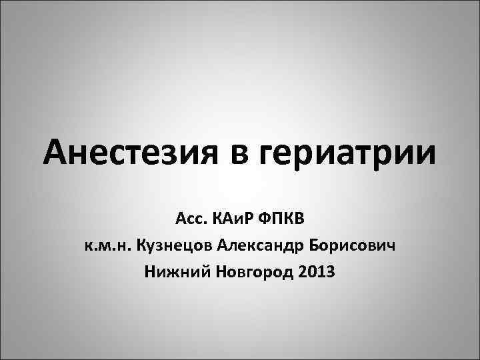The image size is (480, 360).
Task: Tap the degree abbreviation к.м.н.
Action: (x=107, y=247)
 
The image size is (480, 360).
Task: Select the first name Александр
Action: (x=261, y=247)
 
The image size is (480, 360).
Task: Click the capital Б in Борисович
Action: (x=315, y=247)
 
